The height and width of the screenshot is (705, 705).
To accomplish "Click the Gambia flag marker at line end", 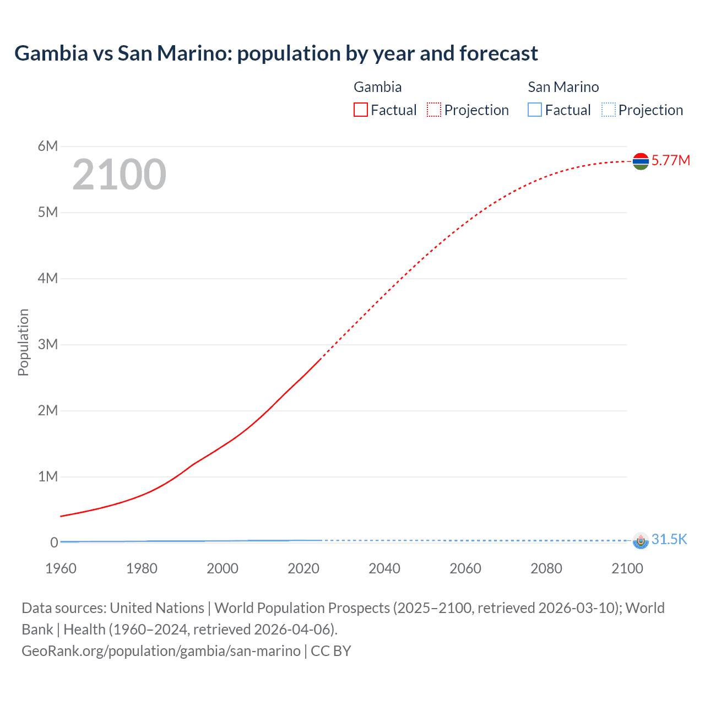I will [641, 161].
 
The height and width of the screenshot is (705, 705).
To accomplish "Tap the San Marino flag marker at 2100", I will [641, 540].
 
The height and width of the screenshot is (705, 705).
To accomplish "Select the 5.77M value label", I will [670, 160].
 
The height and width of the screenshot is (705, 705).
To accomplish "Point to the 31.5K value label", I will [669, 539].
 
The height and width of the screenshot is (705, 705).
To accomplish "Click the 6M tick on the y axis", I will [48, 146].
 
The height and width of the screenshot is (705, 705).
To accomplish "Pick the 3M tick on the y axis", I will [48, 344].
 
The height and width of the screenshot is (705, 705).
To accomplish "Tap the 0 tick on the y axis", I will [54, 543].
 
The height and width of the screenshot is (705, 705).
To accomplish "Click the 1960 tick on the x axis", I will [61, 568].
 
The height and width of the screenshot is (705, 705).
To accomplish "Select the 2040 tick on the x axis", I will [384, 568].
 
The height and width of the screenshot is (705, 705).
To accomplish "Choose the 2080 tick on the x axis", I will [546, 568].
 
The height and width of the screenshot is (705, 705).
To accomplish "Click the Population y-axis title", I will [23, 342].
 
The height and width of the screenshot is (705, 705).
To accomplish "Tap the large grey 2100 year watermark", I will [119, 175].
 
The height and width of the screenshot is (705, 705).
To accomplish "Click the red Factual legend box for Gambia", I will [361, 110].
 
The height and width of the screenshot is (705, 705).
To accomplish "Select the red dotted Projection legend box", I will [434, 110].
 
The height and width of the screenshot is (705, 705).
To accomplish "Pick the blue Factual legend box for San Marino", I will [535, 110].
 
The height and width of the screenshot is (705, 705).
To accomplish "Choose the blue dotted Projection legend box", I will [608, 110].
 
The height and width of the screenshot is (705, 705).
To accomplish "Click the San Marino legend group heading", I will [563, 87].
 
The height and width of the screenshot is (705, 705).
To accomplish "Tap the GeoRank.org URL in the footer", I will [161, 650].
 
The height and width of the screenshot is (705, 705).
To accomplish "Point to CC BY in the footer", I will [331, 650].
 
